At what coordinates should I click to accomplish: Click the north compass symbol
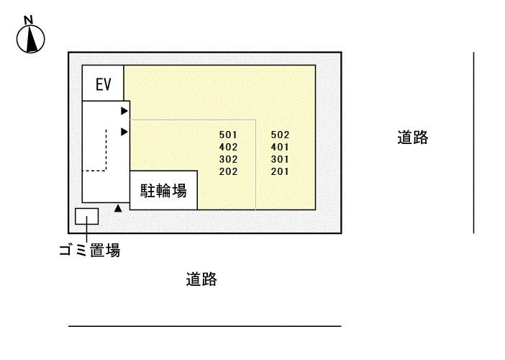coord(31,39)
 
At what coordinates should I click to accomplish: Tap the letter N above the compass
coord(29,20)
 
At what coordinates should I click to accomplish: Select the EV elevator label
coord(104,84)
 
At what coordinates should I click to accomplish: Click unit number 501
coord(228,135)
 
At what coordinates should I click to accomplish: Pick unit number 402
coord(228,147)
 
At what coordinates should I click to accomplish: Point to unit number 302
coord(228,159)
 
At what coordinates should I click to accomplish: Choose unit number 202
coord(228,171)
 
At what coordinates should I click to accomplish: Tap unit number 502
coord(280,135)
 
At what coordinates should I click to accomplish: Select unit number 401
coord(280,147)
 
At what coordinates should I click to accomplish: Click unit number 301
coord(280,159)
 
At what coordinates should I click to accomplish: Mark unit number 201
coord(280,171)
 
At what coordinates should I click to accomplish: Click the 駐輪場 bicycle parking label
coord(163,191)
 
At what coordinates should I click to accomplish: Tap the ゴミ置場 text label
coord(90,250)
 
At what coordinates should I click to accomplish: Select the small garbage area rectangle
coord(86,216)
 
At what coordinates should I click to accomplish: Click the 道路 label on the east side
coord(413,138)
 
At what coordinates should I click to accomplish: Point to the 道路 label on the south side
coord(201,279)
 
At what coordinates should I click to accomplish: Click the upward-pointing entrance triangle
coord(118,208)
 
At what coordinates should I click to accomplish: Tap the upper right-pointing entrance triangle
coord(124,111)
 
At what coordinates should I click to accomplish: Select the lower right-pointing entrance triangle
coord(124,132)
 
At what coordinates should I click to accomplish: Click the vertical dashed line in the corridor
coord(106,150)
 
